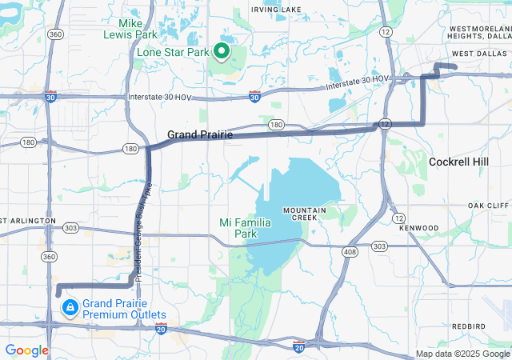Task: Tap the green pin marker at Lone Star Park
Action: pos(222,52)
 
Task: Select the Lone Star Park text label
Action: pos(172,52)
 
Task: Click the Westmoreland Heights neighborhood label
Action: pos(478,32)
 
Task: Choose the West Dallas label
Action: pos(477,54)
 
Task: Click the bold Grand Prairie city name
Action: pos(200,135)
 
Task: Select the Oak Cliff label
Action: pos(488,206)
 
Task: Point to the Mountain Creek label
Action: pos(304,214)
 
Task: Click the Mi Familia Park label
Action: pos(243,228)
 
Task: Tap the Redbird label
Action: pos(468,326)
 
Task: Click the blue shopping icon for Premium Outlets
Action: pos(70,307)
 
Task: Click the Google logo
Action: pos(26,350)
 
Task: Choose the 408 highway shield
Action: pos(350,252)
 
